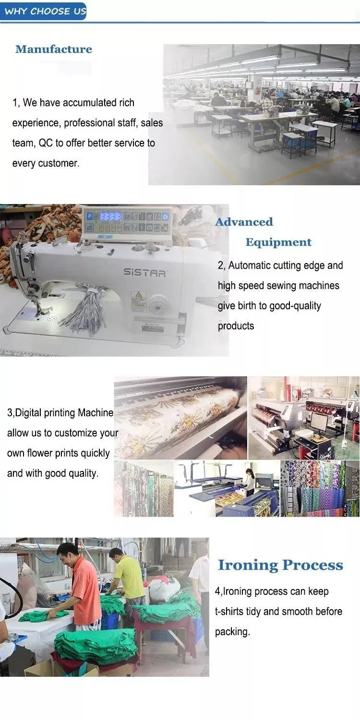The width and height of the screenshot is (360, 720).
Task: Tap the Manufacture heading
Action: pyautogui.click(x=54, y=49)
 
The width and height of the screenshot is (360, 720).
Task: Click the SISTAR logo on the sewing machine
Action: pyautogui.click(x=145, y=273)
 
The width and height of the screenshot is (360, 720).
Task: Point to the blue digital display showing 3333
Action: pyautogui.click(x=111, y=216)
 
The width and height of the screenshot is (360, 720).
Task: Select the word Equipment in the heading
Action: pyautogui.click(x=278, y=242)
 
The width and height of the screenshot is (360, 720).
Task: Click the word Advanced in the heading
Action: pyautogui.click(x=244, y=222)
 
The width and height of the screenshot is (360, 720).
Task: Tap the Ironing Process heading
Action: pyautogui.click(x=281, y=565)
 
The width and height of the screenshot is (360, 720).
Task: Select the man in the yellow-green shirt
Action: pyautogui.click(x=127, y=576)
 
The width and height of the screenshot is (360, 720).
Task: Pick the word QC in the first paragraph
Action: pyautogui.click(x=45, y=143)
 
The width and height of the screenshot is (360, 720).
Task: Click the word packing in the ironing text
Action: pyautogui.click(x=232, y=632)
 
